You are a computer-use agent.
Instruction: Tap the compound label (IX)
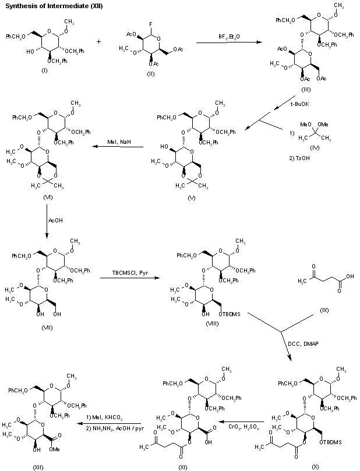[x=324, y=310]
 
